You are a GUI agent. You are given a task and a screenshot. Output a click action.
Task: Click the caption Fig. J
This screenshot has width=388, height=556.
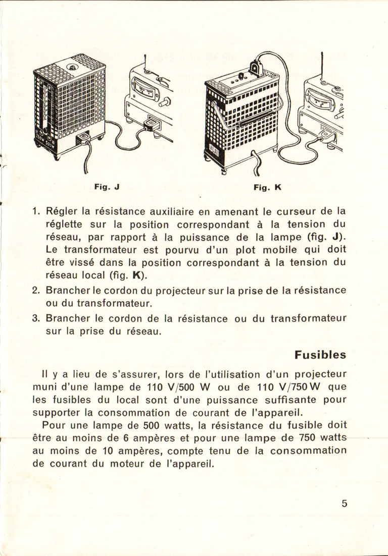(106, 187)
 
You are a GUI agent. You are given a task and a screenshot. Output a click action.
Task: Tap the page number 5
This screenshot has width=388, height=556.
(344, 503)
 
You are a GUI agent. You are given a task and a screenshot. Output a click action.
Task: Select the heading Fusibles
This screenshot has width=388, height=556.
(320, 355)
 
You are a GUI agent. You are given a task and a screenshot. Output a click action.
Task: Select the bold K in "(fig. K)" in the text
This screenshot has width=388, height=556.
(136, 276)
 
